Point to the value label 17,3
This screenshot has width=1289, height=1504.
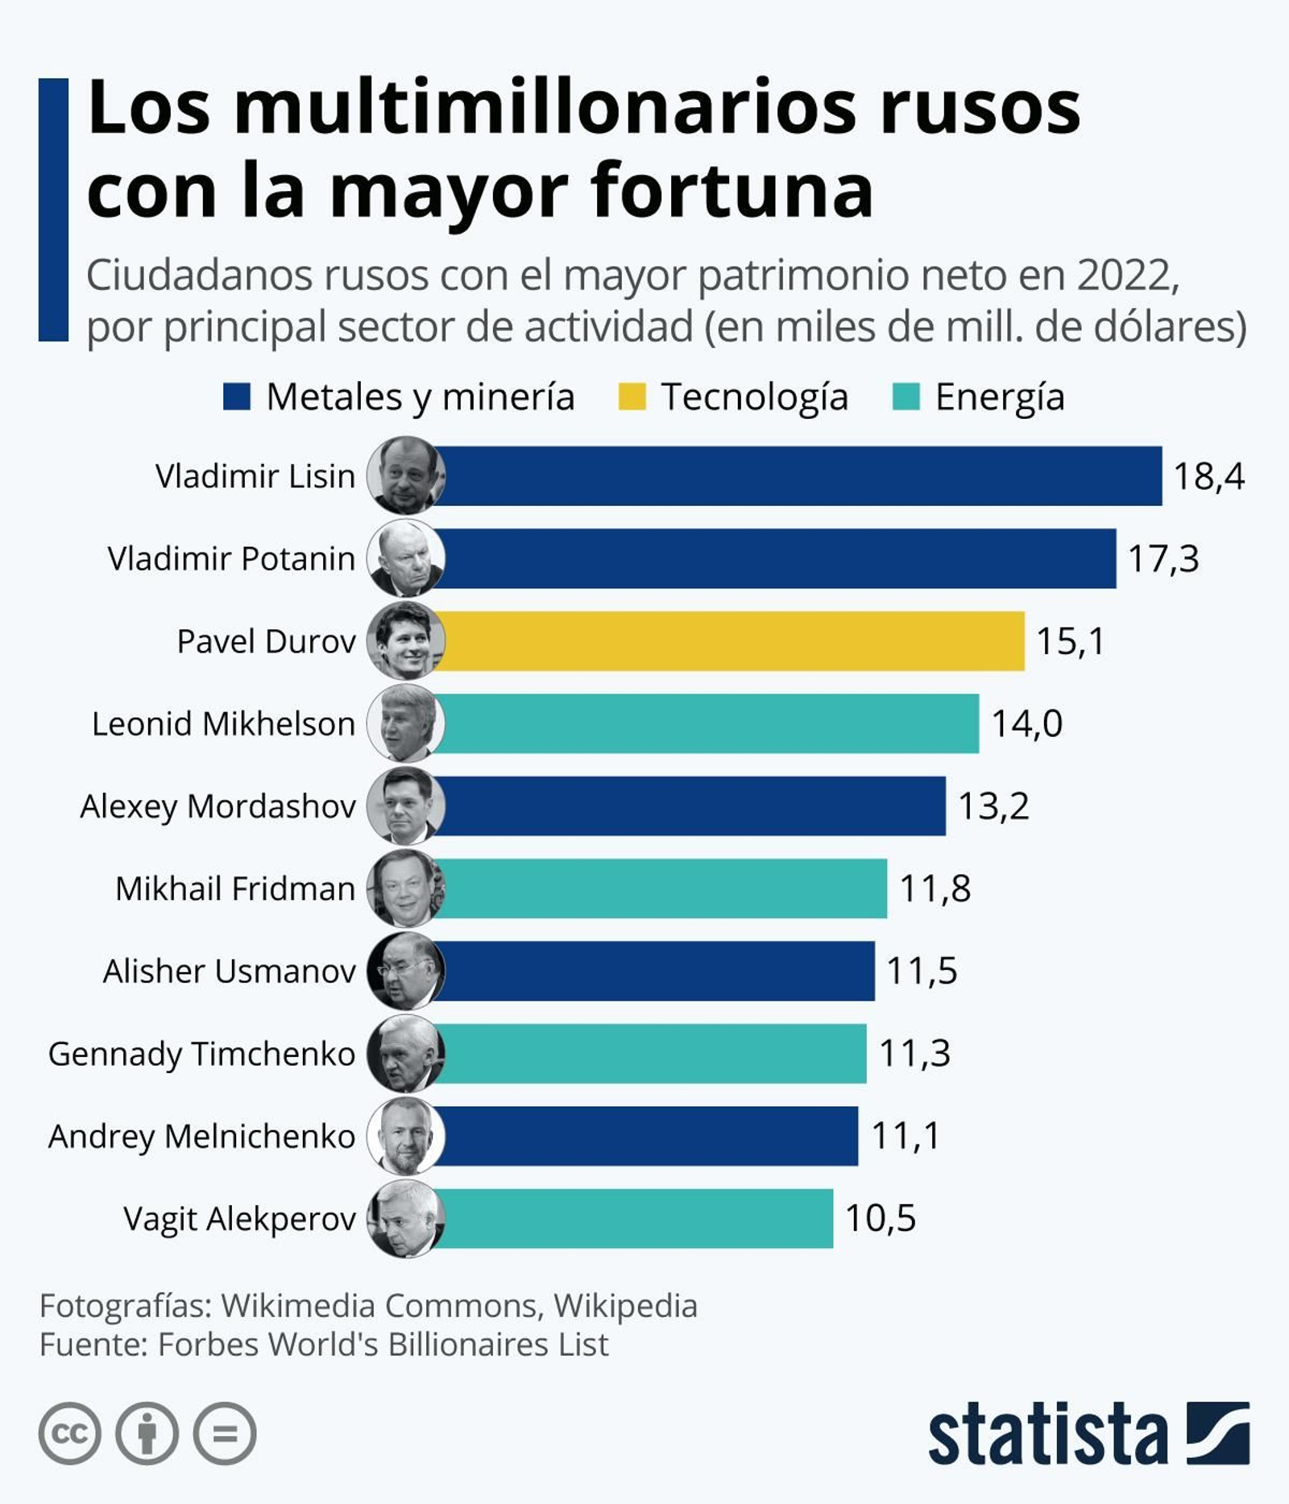[x=1163, y=558]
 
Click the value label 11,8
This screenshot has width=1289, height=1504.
[x=935, y=889]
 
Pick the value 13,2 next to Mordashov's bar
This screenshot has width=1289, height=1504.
[x=993, y=806]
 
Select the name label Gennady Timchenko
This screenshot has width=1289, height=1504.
[x=201, y=1054]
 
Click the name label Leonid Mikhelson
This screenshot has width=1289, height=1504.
[x=223, y=723]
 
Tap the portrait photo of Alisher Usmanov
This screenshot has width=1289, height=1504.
[x=405, y=971]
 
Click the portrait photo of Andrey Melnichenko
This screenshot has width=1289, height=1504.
[x=405, y=1136]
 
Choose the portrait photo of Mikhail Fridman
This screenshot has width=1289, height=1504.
[x=405, y=888]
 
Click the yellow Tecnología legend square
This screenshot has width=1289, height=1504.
[x=632, y=396]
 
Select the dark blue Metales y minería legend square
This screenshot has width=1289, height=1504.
[x=237, y=396]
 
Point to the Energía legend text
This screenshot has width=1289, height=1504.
[x=999, y=396]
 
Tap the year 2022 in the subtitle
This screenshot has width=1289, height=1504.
[x=1127, y=276]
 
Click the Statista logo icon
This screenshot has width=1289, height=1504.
[x=1217, y=1433]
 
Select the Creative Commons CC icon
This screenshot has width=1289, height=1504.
[x=69, y=1433]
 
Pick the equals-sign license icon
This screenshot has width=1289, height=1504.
[x=225, y=1433]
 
